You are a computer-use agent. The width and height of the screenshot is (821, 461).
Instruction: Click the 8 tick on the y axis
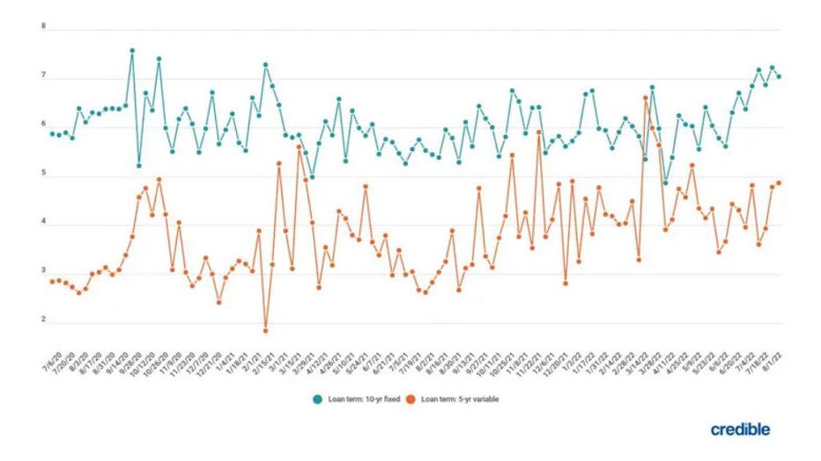pyautogui.click(x=43, y=28)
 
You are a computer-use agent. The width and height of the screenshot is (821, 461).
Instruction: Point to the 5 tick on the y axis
pyautogui.click(x=43, y=175)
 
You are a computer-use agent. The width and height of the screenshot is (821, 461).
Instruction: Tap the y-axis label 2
pyautogui.click(x=43, y=321)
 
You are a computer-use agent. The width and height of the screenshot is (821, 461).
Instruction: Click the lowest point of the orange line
pyautogui.click(x=265, y=331)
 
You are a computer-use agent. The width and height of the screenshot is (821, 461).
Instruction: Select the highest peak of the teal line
pyautogui.click(x=132, y=50)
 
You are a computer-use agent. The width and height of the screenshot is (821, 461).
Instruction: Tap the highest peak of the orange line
pyautogui.click(x=646, y=98)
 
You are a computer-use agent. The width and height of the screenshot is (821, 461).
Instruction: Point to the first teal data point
pyautogui.click(x=52, y=134)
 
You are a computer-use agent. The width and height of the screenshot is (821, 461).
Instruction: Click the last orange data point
pyautogui.click(x=779, y=182)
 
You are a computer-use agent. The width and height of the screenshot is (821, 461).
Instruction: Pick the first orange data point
pyautogui.click(x=52, y=282)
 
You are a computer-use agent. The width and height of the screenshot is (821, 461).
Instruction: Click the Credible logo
pyautogui.click(x=740, y=429)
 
